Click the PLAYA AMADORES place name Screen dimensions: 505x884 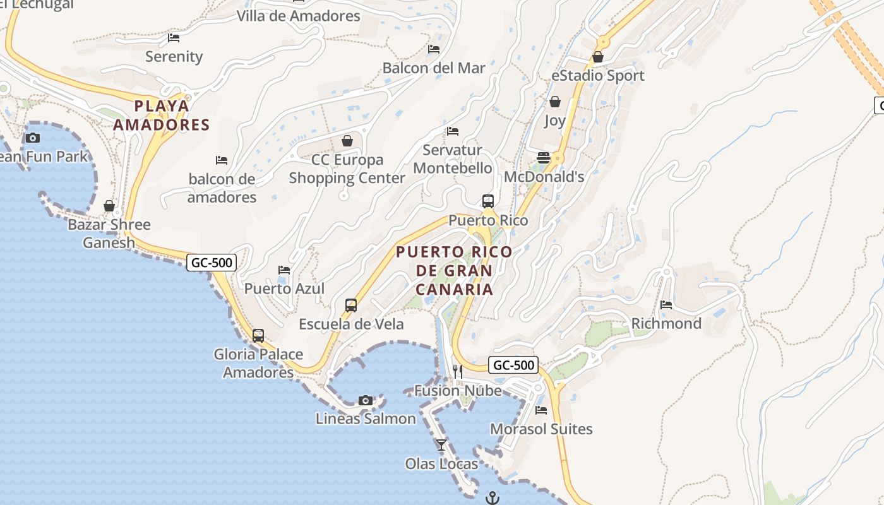pos(162,115)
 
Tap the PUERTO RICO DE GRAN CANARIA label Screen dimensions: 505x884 pos(454,270)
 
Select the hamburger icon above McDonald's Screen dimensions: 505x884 pos(543,157)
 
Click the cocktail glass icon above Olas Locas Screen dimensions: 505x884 pos(441,445)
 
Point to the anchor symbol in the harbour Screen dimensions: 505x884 pos(493,498)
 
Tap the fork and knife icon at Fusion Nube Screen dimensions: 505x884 pos(458,371)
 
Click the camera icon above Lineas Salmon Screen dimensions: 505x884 pos(365,400)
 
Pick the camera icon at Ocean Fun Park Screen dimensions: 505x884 pos(33,138)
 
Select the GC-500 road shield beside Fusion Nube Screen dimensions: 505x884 pos(513,365)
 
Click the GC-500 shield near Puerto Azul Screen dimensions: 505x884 pos(211,262)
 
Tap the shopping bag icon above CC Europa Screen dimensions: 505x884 pos(347,140)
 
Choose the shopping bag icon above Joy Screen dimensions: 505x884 pos(555,101)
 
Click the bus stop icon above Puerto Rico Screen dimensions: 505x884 pos(488,201)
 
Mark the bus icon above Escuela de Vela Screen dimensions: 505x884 pos(351,306)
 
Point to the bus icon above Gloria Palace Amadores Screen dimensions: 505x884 pos(258,336)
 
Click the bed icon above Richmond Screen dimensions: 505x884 pos(666,305)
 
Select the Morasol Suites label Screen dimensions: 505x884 pos(541,429)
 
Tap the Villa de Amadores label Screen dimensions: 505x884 pos(299,16)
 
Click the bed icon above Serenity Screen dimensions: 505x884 pos(174,38)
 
